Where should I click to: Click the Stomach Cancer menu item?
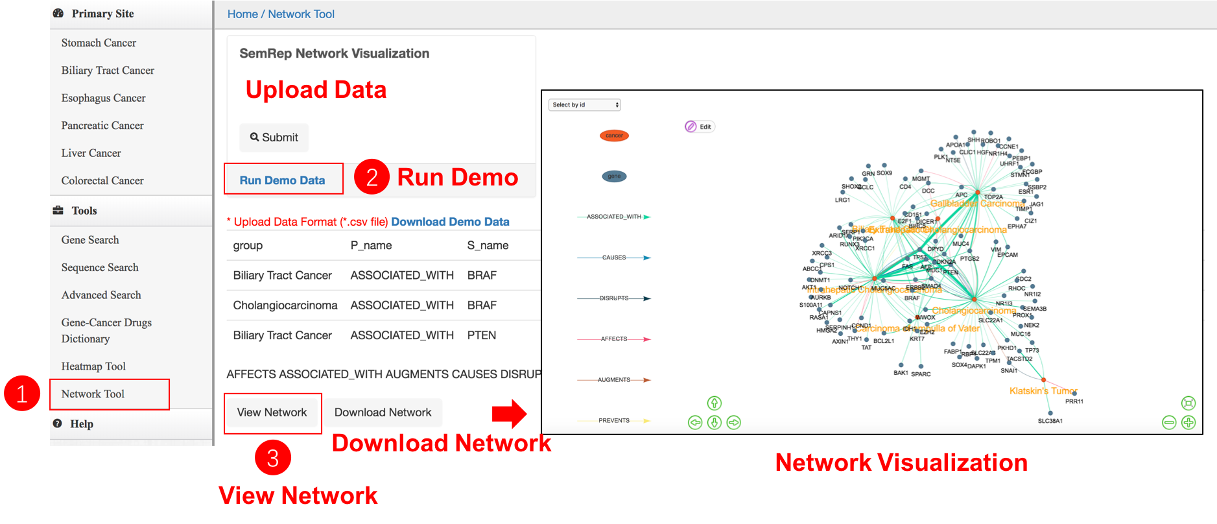99,43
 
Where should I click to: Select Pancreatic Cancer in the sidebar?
102,126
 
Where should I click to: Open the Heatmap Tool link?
93,366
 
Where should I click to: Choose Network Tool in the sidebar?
93,394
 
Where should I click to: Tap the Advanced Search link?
101,295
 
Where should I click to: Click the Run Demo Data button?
283,180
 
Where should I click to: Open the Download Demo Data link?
450,222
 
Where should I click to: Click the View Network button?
272,412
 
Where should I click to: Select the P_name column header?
371,246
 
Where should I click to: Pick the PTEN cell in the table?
482,335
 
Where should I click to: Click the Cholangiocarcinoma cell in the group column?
285,305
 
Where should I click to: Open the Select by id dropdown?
585,105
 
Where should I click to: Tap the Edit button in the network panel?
700,126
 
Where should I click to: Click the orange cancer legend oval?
614,136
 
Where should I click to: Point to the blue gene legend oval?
614,176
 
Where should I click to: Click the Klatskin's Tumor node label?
1043,391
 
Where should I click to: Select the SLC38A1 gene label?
1050,421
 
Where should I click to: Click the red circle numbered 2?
372,177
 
